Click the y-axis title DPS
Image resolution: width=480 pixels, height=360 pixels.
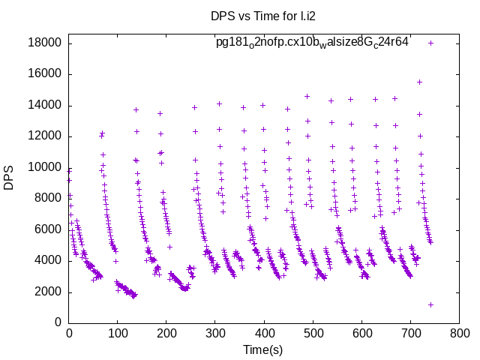[x=9, y=178]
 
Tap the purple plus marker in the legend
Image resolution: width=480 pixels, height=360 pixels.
[x=430, y=43]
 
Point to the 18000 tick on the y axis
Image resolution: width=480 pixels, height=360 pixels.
[x=44, y=43]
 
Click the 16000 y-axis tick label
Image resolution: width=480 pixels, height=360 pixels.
[x=44, y=73]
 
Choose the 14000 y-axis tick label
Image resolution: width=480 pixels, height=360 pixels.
[x=44, y=105]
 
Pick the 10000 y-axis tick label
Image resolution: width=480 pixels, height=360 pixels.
[x=44, y=167]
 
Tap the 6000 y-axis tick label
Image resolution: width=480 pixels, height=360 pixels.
[x=47, y=229]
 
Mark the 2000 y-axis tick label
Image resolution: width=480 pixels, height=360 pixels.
[x=47, y=292]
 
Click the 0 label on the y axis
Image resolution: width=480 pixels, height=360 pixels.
[x=58, y=322]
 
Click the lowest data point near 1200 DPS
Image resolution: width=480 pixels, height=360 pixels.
[x=430, y=304]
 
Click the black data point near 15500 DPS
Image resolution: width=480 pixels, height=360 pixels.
[x=419, y=82]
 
